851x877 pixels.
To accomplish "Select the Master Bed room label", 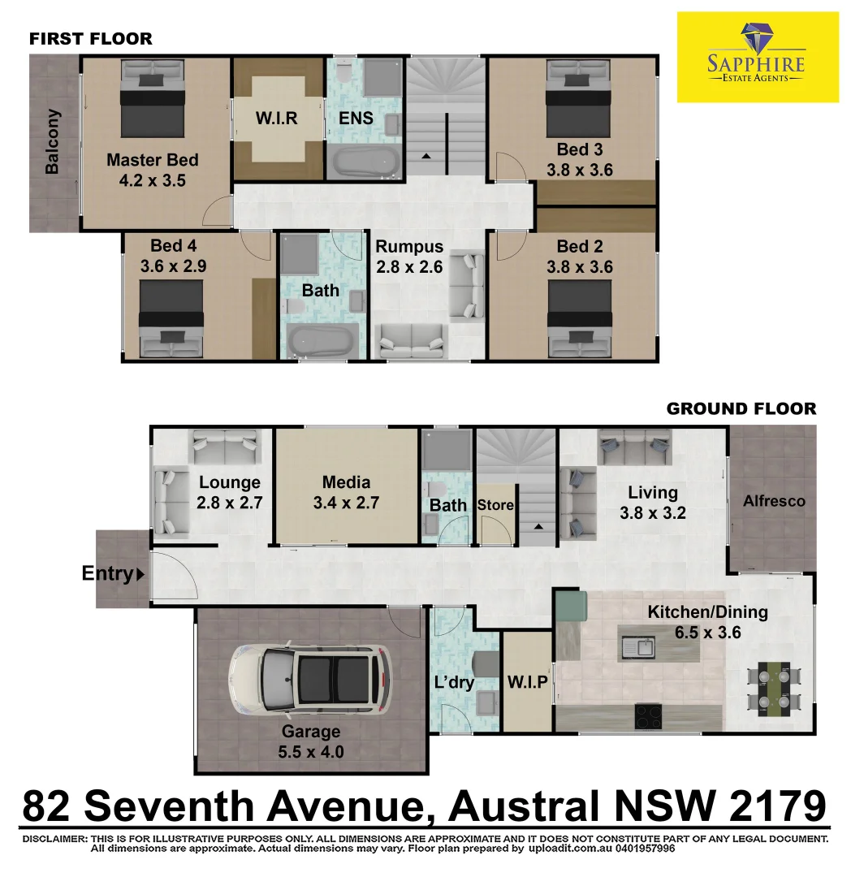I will tap(152, 160).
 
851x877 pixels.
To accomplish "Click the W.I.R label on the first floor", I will tap(277, 119).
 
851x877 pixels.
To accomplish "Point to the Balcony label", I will tap(52, 141).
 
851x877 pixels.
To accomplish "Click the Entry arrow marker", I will tap(140, 574).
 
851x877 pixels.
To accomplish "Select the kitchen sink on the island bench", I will tap(638, 647).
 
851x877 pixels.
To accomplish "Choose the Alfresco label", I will tap(774, 501).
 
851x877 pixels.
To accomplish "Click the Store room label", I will tap(495, 505).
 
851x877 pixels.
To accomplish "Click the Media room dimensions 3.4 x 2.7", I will tap(346, 503).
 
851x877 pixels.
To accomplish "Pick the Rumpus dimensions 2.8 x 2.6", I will tap(409, 266).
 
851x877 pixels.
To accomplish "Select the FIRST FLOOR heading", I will tap(90, 38).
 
